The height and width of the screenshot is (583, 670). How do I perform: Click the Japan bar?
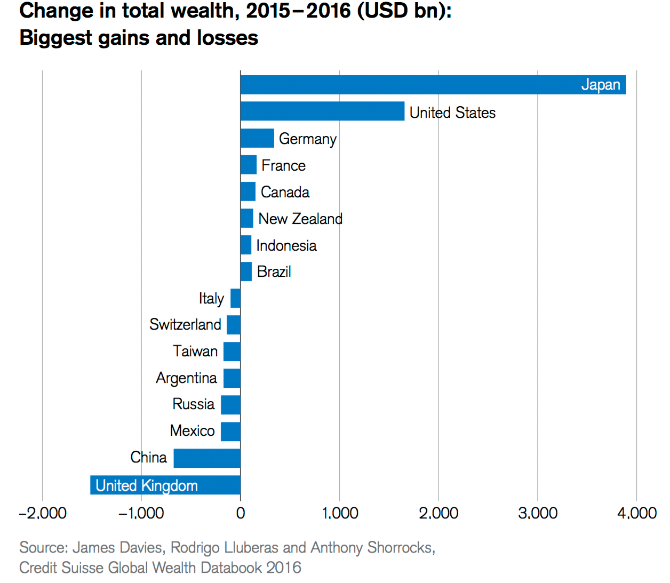(433, 85)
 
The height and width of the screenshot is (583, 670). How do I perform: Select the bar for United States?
(322, 111)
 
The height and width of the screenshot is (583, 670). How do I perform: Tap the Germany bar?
(257, 138)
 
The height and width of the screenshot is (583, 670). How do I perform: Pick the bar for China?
(207, 458)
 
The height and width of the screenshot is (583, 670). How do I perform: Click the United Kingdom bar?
(165, 485)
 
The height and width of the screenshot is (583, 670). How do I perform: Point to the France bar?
(249, 165)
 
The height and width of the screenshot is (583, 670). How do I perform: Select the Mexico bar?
(230, 432)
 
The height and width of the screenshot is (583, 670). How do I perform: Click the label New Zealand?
(300, 219)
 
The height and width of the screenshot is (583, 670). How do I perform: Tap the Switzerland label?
(185, 324)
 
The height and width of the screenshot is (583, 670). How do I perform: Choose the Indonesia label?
(286, 245)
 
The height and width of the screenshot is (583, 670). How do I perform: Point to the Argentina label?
(186, 378)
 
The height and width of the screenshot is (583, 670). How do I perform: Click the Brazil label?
(274, 271)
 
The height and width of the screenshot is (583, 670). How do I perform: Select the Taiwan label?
(195, 351)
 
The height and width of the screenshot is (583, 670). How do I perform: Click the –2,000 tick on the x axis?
(43, 513)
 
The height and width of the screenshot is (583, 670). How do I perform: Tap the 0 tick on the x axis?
(241, 513)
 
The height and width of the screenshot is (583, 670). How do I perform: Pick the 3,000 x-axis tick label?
(537, 513)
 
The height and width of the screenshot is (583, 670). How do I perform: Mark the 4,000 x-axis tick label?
(636, 513)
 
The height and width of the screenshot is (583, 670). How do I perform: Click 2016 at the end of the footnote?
(284, 568)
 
